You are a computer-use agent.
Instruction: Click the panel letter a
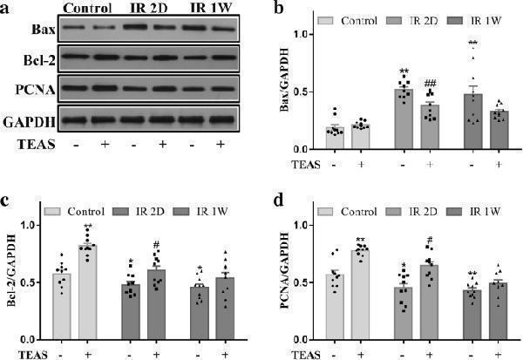(x=7, y=10)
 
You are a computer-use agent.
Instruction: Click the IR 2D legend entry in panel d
(x=423, y=209)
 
